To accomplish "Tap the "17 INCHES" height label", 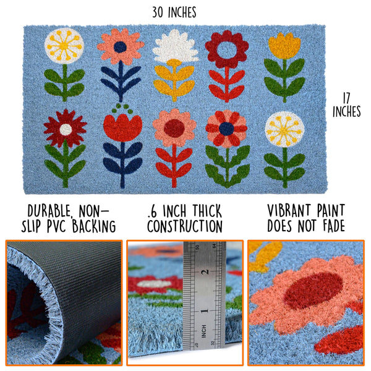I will click(x=346, y=104).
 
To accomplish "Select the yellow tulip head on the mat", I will click(x=284, y=45).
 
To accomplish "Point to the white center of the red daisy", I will click(x=66, y=129).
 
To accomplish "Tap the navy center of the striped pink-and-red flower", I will click(x=227, y=128).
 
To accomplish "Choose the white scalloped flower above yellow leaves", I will click(x=175, y=46).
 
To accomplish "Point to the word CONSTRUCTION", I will click(x=185, y=226).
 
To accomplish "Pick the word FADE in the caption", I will click(x=331, y=226).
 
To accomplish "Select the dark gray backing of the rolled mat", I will click(x=80, y=278).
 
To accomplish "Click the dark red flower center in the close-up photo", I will click(x=313, y=290).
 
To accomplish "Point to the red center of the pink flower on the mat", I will click(x=174, y=128).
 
